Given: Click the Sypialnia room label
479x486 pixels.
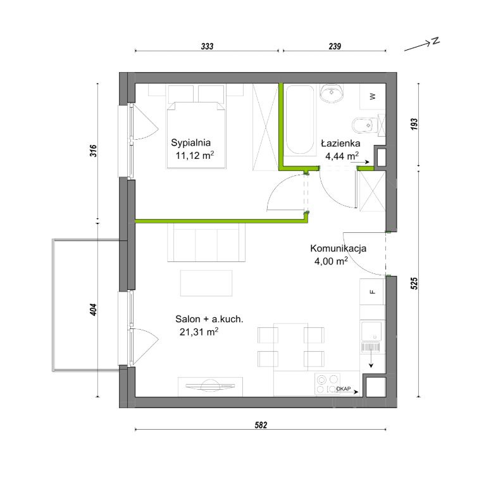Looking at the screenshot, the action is (x=190, y=142).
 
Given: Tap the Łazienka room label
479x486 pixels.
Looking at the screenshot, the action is (x=340, y=143).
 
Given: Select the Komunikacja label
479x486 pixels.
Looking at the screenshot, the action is (x=338, y=248).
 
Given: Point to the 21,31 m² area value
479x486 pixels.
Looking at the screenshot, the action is (x=199, y=332).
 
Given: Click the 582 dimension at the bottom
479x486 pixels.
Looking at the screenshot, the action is (x=261, y=425).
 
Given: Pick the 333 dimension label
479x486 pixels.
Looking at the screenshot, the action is (x=207, y=46).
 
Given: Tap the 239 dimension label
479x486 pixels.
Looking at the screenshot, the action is (x=335, y=46).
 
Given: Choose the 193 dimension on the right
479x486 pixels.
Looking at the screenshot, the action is (x=414, y=124).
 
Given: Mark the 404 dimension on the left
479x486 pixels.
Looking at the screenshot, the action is (x=93, y=309).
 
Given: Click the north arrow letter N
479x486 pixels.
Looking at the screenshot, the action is (x=436, y=40).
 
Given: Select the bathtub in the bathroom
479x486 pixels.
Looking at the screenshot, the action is (x=299, y=120).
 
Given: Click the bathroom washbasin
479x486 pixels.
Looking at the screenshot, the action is (x=332, y=93).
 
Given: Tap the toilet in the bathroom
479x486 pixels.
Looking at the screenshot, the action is (x=364, y=125).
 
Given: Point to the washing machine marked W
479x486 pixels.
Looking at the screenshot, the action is (x=372, y=96).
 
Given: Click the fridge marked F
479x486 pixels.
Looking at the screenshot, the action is (x=372, y=292).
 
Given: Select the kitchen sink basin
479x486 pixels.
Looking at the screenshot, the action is (x=371, y=331).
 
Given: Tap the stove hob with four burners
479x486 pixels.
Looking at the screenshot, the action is (x=327, y=383).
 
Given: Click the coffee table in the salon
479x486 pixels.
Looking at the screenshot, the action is (x=206, y=283).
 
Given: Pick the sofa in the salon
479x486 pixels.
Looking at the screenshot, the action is (x=206, y=242).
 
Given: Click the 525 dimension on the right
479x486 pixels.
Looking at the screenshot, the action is (x=414, y=283).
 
